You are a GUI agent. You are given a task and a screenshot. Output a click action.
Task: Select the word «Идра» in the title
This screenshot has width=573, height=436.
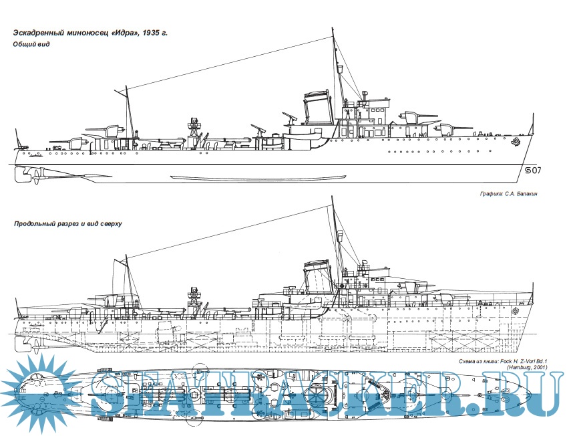point(124,32)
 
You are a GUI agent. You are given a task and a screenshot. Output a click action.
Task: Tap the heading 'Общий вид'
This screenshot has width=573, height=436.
point(31,45)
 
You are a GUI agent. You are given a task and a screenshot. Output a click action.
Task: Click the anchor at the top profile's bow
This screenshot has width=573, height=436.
point(515,141)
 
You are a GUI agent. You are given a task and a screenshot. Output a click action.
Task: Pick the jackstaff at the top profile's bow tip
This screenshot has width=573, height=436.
point(532,124)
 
